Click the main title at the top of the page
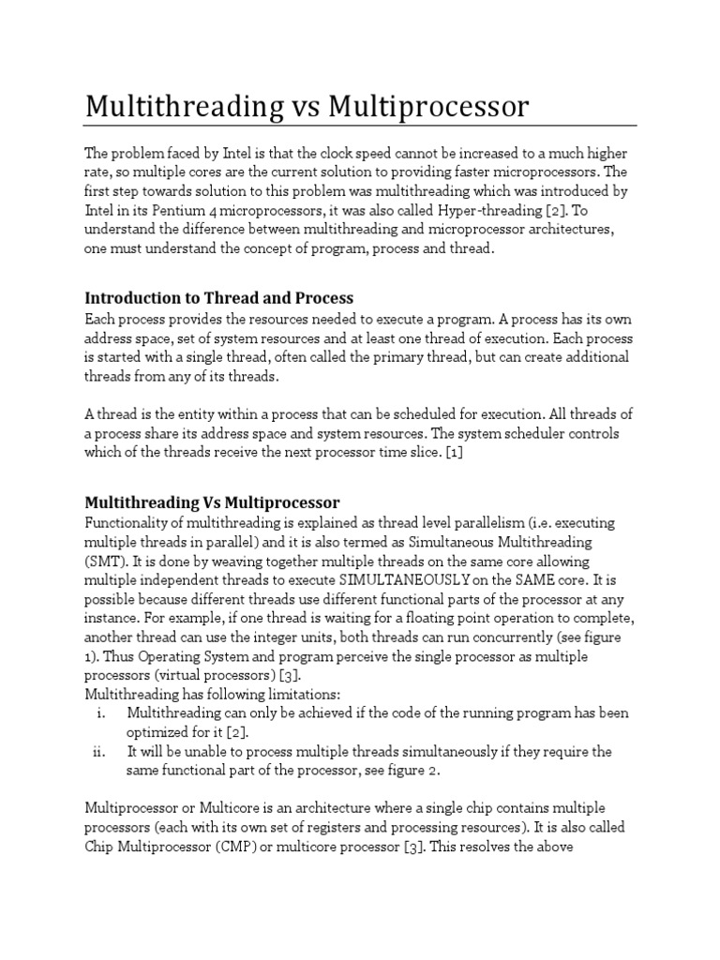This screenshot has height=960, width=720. [307, 107]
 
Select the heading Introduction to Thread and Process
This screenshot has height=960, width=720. [219, 298]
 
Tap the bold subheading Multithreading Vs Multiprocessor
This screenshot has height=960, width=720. [212, 502]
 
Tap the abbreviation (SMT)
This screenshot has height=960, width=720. [104, 561]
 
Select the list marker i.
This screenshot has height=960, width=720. [100, 712]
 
